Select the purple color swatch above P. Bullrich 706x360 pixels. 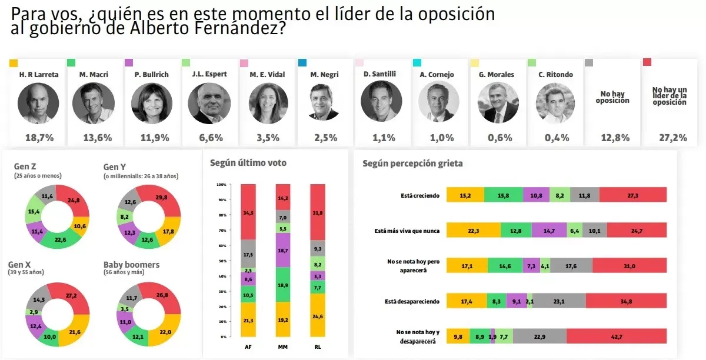click(129, 63)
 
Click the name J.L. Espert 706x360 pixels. click(209, 75)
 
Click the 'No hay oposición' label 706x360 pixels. click(612, 97)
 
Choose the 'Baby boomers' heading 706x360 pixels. click(131, 265)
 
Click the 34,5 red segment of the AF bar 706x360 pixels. click(248, 211)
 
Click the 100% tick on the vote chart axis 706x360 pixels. click(221, 185)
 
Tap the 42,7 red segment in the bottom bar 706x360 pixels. click(616, 335)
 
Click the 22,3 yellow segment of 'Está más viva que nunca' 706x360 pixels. click(473, 230)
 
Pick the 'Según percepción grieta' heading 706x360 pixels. click(412, 164)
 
